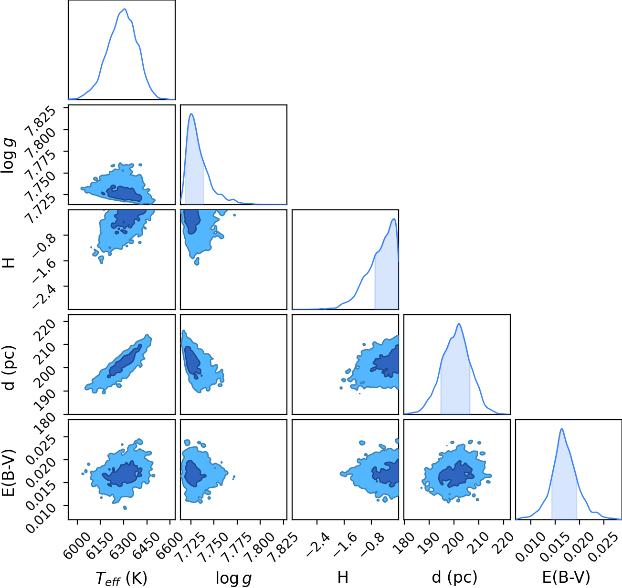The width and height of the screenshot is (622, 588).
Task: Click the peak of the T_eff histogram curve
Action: point(125,9)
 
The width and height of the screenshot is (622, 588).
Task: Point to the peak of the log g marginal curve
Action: point(191,114)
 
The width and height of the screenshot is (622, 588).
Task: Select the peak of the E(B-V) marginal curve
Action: point(562,429)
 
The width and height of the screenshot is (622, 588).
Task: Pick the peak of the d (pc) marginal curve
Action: point(458,324)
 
